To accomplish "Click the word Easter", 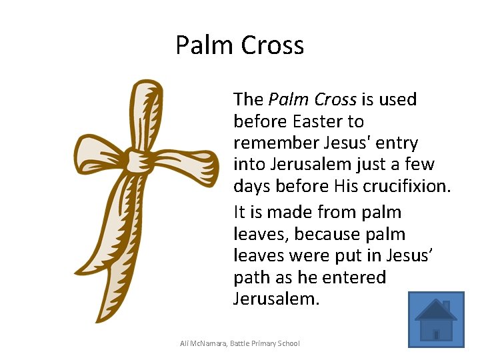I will pyautogui.click(x=319, y=121).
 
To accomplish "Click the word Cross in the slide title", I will pyautogui.click(x=273, y=45).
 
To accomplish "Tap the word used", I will pyautogui.click(x=397, y=99).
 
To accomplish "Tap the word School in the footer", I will pyautogui.click(x=287, y=343).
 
